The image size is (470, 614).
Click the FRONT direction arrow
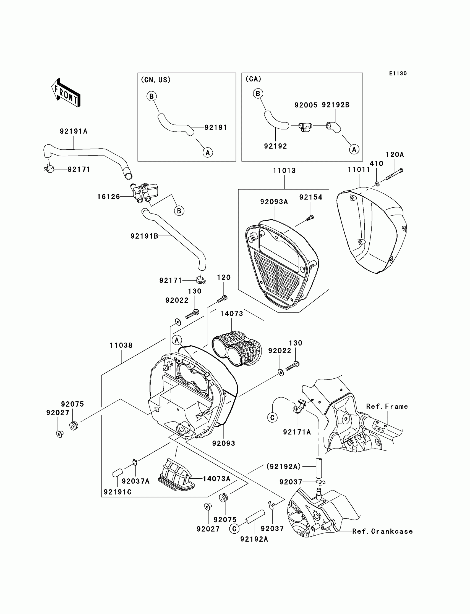click(66, 93)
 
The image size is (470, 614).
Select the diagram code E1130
click(398, 73)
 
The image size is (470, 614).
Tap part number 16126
click(108, 197)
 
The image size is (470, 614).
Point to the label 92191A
click(74, 131)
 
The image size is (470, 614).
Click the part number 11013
click(284, 170)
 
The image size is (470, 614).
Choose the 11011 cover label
click(359, 170)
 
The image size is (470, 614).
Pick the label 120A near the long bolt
click(395, 155)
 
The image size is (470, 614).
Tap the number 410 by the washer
click(376, 164)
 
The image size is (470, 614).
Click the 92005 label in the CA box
click(306, 105)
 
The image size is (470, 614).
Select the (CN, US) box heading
click(156, 80)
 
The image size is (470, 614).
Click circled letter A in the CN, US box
click(208, 152)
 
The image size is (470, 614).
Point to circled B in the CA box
click(258, 94)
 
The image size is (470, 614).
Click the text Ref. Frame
click(387, 407)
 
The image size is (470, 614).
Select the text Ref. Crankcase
click(382, 531)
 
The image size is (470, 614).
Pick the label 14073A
click(216, 479)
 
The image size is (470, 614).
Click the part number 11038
click(121, 346)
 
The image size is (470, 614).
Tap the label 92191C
click(118, 492)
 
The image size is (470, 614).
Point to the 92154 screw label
click(310, 197)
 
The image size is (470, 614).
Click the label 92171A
click(297, 432)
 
